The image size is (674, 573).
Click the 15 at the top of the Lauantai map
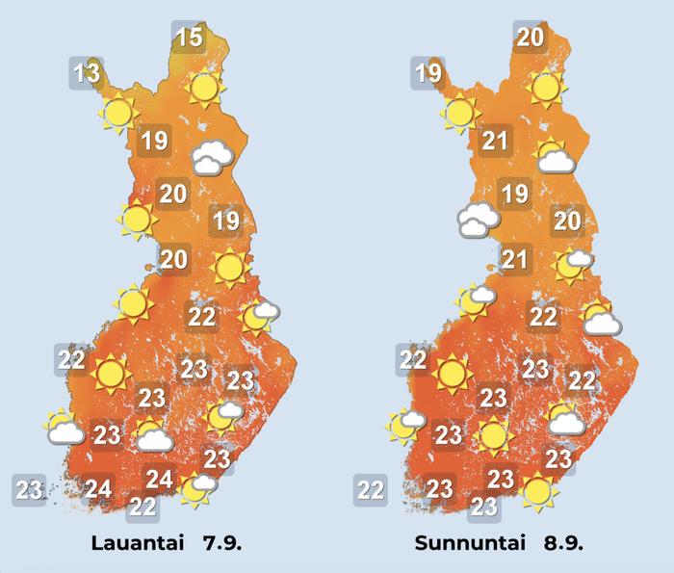(x=191, y=38)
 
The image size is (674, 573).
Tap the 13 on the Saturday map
(x=87, y=72)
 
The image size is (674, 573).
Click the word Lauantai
(x=137, y=543)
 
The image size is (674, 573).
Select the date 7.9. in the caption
(x=221, y=543)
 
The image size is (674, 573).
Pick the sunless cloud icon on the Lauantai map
(x=211, y=158)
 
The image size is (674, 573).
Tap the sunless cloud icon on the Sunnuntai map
(x=478, y=221)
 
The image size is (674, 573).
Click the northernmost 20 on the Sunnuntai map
(x=530, y=38)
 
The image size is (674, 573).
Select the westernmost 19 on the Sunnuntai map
(x=428, y=72)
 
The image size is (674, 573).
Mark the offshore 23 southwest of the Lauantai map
(x=29, y=489)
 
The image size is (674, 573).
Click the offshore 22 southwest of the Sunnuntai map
(x=371, y=489)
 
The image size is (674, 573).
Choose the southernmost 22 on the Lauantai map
(x=143, y=506)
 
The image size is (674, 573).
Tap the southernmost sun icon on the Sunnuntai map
(x=537, y=491)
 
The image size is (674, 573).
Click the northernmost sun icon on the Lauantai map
(x=204, y=89)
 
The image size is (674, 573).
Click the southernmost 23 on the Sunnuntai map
(x=484, y=506)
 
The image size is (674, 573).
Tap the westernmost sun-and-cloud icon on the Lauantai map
(x=65, y=427)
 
